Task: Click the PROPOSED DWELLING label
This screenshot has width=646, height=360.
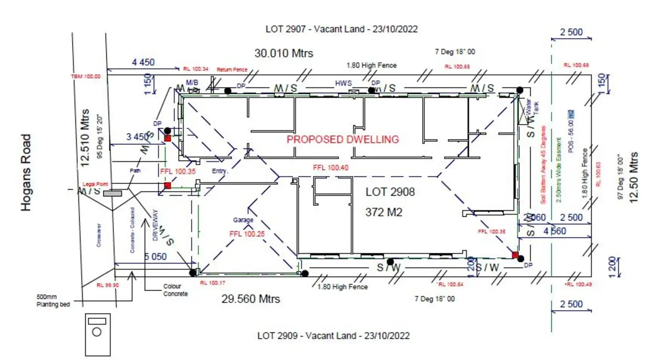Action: pyautogui.click(x=343, y=140)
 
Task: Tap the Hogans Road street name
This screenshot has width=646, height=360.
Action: pyautogui.click(x=26, y=173)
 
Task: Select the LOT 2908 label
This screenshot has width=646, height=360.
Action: pyautogui.click(x=390, y=192)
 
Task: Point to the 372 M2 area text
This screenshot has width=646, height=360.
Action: pyautogui.click(x=384, y=212)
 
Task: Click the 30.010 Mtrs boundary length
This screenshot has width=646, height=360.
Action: pyautogui.click(x=284, y=54)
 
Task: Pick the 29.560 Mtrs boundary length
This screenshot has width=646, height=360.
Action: pyautogui.click(x=251, y=299)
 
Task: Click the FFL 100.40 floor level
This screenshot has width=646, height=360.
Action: pyautogui.click(x=330, y=168)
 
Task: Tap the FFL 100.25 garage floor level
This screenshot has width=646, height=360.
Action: pyautogui.click(x=247, y=234)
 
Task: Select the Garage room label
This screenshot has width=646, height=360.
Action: pyautogui.click(x=243, y=220)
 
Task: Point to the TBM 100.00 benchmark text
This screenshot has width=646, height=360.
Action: pyautogui.click(x=86, y=76)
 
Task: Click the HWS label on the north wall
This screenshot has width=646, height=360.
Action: pyautogui.click(x=343, y=83)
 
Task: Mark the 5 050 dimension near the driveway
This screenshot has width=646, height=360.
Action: pyautogui.click(x=155, y=257)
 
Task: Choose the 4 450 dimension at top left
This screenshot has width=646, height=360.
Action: pyautogui.click(x=143, y=62)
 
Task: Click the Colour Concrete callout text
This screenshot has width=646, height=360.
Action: pyautogui.click(x=176, y=290)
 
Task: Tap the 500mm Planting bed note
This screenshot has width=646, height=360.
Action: pyautogui.click(x=53, y=301)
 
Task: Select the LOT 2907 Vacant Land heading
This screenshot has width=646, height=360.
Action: pyautogui.click(x=341, y=29)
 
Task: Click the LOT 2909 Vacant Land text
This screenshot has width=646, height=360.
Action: pyautogui.click(x=333, y=336)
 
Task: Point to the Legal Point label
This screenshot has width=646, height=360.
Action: pyautogui.click(x=95, y=184)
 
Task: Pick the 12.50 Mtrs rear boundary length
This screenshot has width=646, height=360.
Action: pyautogui.click(x=633, y=177)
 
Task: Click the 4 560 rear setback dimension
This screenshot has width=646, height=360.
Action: pyautogui.click(x=555, y=231)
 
